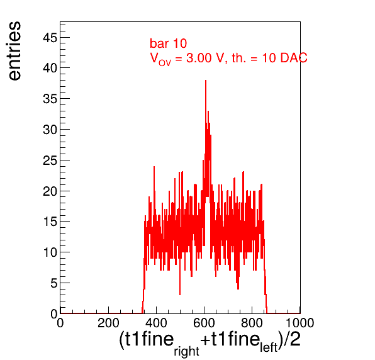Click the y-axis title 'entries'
(x=15, y=51)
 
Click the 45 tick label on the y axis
(x=50, y=38)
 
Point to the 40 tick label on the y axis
(x=50, y=68)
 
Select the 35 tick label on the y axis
(x=50, y=99)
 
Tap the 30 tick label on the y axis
(x=50, y=130)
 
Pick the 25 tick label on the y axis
(x=50, y=160)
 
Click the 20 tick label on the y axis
(x=50, y=191)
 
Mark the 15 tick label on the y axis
(x=50, y=222)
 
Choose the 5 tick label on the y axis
(x=54, y=283)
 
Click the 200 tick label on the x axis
(x=108, y=323)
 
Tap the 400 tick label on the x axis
(x=156, y=323)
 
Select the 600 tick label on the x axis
(x=204, y=323)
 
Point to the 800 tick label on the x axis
(x=252, y=323)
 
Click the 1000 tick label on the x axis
(x=299, y=323)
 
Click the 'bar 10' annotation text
(x=169, y=43)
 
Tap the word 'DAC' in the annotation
(x=294, y=58)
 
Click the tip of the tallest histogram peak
(x=206, y=81)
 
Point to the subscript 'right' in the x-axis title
(x=186, y=351)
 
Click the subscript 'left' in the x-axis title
(x=269, y=347)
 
